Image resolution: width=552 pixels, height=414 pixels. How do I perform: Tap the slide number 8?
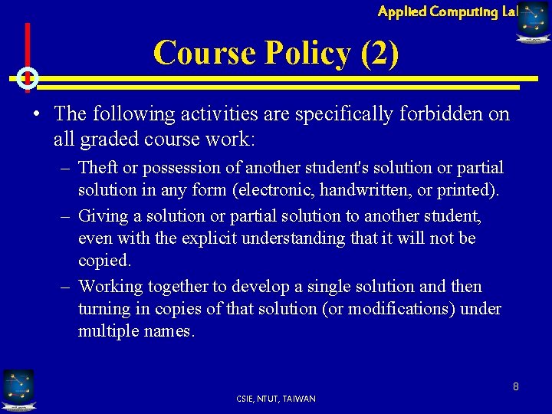coord(516,386)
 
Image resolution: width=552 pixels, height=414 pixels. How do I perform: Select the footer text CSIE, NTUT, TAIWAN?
coord(276,399)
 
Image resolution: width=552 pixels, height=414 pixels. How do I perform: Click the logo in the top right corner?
coord(534,21)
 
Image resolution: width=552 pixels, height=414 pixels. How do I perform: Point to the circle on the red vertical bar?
coord(27,78)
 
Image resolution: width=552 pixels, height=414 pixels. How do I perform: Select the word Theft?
coord(98,167)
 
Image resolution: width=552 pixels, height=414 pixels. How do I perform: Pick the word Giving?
coord(103,216)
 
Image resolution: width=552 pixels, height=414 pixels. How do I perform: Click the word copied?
coord(104,261)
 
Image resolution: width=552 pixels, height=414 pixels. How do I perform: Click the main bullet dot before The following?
coord(37,114)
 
